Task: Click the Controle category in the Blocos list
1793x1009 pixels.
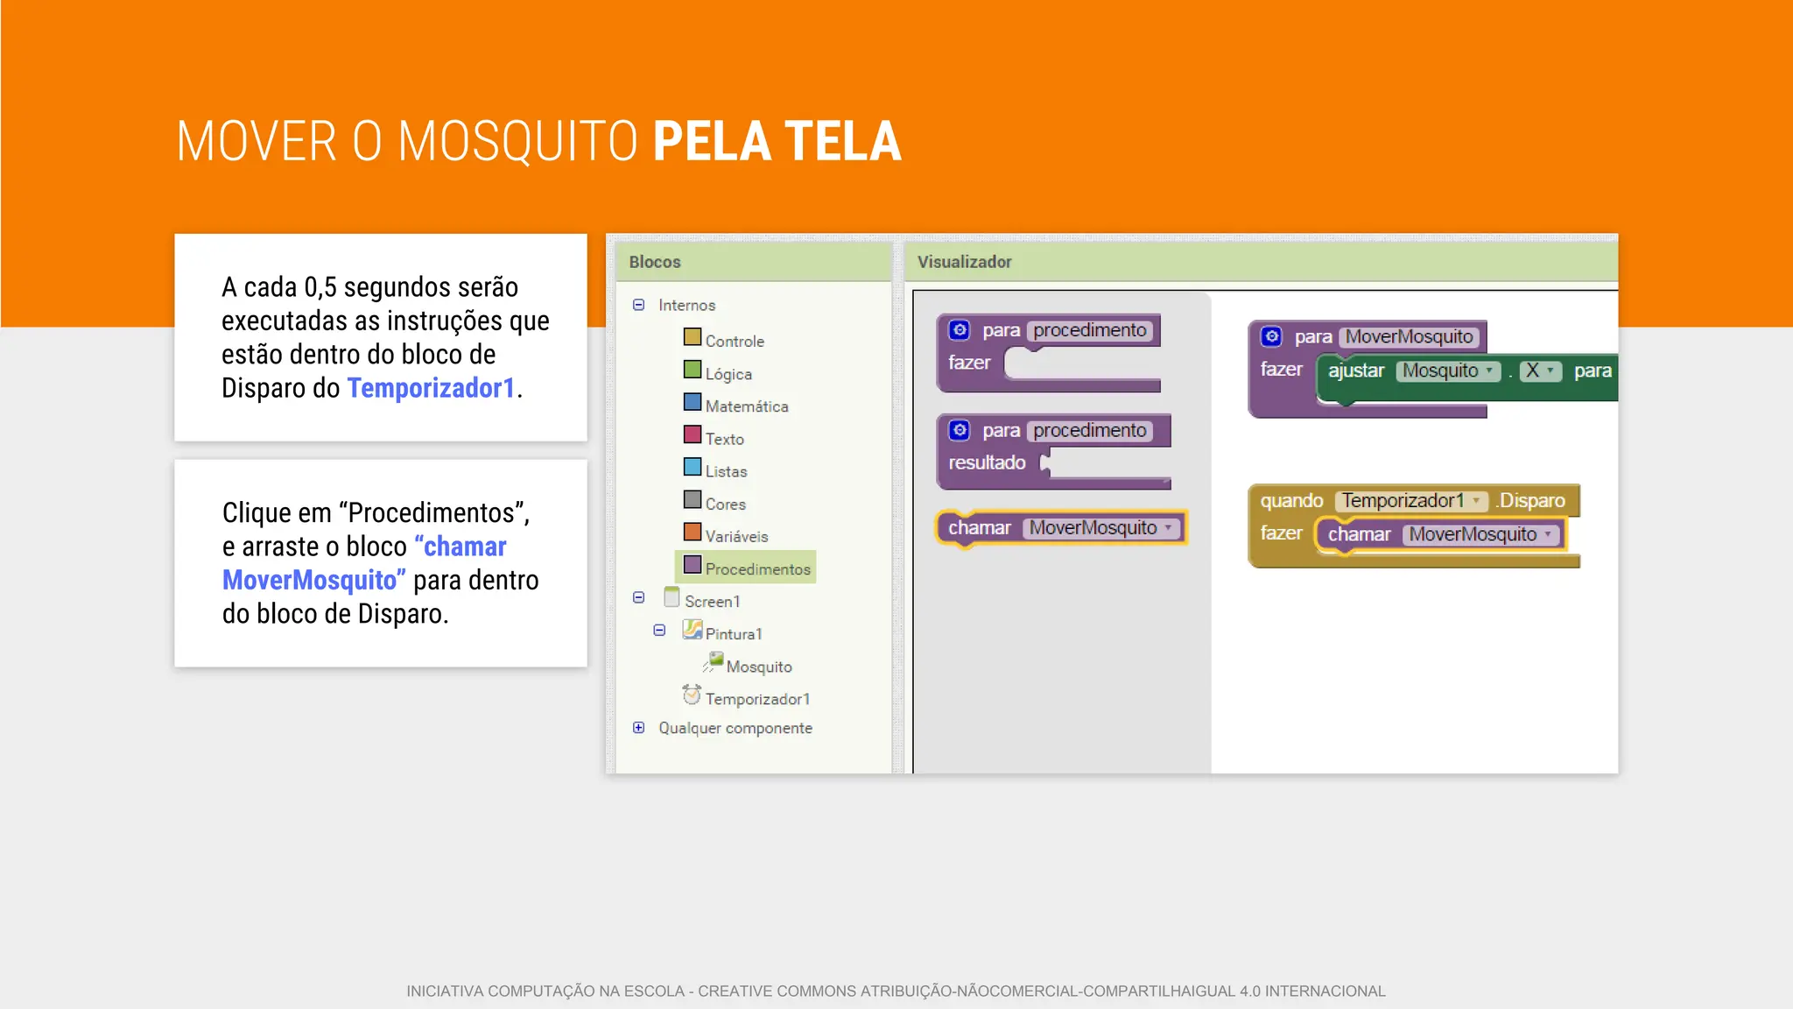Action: click(x=734, y=341)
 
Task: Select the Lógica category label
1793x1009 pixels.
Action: click(x=728, y=374)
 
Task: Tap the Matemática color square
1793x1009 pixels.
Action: click(x=692, y=403)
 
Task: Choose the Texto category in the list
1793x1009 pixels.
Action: click(x=724, y=439)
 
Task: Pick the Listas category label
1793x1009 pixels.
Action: click(x=726, y=471)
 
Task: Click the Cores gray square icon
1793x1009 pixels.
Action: click(x=692, y=500)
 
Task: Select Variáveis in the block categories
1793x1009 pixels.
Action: click(x=736, y=536)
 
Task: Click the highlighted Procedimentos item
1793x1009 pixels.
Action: click(x=756, y=568)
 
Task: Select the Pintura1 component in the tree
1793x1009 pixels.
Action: click(x=733, y=633)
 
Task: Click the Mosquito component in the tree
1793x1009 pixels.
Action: click(x=758, y=667)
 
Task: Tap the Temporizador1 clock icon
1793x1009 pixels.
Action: click(x=692, y=695)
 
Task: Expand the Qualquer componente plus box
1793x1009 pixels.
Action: click(x=638, y=728)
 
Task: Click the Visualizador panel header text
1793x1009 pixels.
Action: click(x=964, y=262)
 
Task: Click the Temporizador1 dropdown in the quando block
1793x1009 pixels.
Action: click(x=1410, y=501)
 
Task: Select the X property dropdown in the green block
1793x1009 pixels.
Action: click(x=1540, y=370)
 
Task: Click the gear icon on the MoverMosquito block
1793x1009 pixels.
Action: click(x=1271, y=336)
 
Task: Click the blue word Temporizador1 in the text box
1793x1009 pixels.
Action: click(x=431, y=388)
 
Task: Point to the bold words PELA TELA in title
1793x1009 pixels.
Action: click(x=777, y=142)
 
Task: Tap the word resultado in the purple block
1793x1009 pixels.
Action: click(x=987, y=462)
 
